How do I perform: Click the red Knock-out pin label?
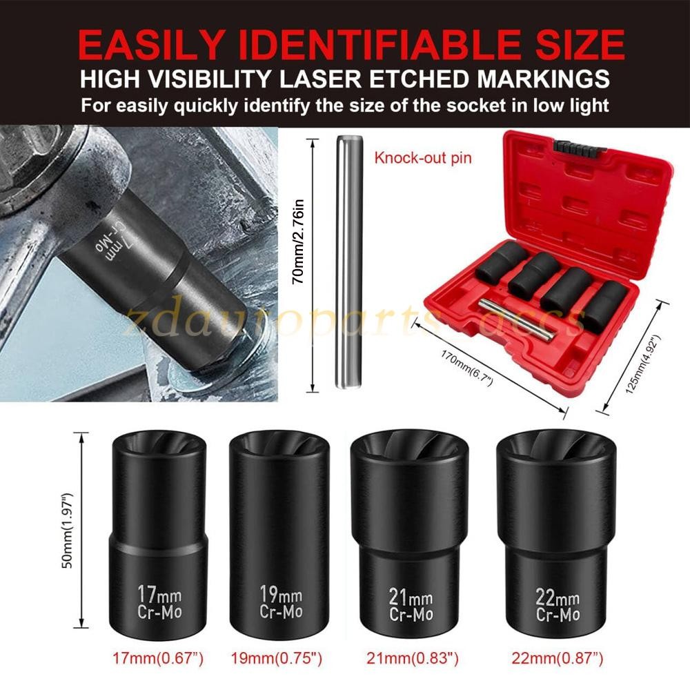(423, 158)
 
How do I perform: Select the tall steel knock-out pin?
(348, 262)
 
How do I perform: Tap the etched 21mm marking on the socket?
(411, 598)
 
